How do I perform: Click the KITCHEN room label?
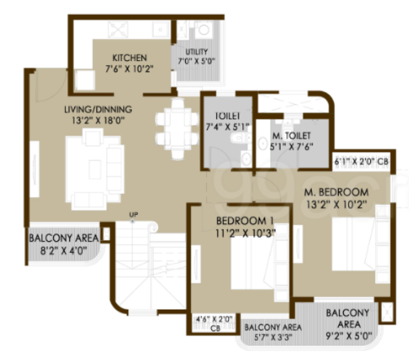pyautogui.click(x=129, y=57)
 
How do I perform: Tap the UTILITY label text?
pyautogui.click(x=196, y=52)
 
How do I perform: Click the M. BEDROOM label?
pyautogui.click(x=336, y=193)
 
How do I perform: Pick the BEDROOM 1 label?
pyautogui.click(x=244, y=219)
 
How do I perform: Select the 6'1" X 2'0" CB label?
pyautogui.click(x=361, y=161)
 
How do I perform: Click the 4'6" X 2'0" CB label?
pyautogui.click(x=213, y=323)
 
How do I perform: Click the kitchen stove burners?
pyautogui.click(x=117, y=31)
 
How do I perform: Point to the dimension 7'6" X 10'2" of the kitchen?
pyautogui.click(x=129, y=68)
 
